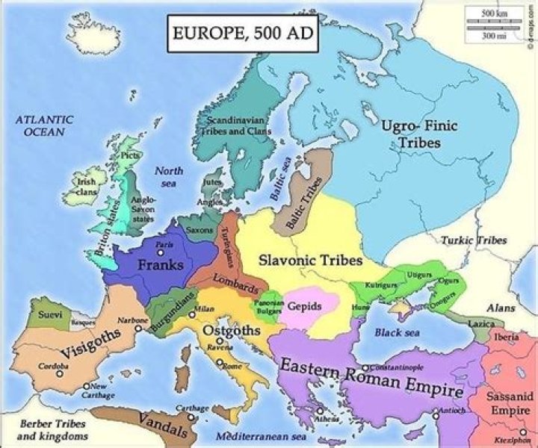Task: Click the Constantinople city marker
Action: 365,368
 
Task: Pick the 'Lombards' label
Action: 238,285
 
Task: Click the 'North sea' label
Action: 168,177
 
